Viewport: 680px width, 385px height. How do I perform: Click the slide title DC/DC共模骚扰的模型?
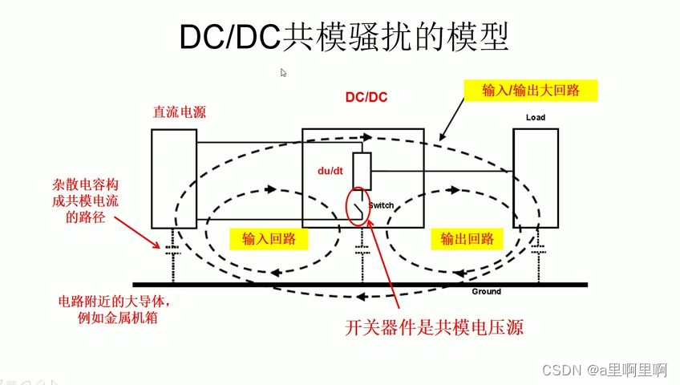342,36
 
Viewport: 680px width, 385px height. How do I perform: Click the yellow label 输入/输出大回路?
530,91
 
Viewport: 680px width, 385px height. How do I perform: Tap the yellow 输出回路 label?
467,238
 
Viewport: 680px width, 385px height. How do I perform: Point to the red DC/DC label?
366,97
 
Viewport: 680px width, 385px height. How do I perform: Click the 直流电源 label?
180,112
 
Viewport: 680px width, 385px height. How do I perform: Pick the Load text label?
535,118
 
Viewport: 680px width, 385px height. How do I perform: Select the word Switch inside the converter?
381,206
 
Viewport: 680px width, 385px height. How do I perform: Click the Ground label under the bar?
486,291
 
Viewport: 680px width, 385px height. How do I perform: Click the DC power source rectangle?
174,177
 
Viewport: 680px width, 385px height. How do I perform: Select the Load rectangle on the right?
535,177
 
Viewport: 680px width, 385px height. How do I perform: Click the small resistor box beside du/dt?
362,170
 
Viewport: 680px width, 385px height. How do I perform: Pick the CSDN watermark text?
605,370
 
